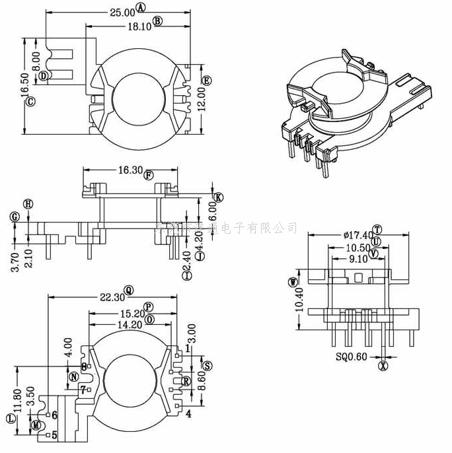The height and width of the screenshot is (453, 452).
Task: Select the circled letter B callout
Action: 157,21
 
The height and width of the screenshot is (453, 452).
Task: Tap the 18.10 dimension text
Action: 139,26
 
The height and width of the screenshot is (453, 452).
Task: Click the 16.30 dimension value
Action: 130,170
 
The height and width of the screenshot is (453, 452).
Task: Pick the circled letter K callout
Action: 219,197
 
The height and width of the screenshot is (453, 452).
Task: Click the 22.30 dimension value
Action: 111,298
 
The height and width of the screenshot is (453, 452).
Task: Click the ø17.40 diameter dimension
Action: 358,234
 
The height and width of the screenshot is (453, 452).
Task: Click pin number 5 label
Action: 54,435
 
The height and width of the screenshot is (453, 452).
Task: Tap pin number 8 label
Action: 84,366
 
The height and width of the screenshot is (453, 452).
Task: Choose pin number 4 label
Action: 188,414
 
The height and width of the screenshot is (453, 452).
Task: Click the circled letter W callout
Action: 292,282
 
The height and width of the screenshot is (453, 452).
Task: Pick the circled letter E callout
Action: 206,81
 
